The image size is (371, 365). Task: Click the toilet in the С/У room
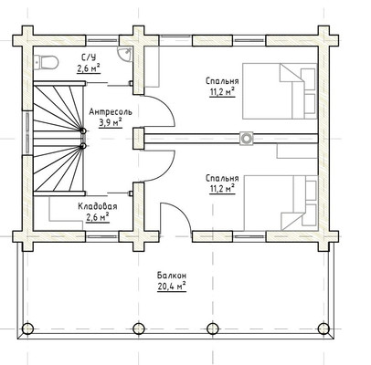click(46, 62)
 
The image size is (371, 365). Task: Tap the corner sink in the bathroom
click(125, 54)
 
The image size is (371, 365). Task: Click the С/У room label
click(89, 57)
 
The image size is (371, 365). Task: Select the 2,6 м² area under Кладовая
click(98, 217)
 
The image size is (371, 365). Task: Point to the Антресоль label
click(111, 112)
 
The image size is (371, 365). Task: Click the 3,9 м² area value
click(111, 122)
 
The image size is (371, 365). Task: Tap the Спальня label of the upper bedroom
click(222, 81)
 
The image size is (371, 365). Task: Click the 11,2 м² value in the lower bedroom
click(222, 189)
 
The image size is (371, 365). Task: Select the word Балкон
click(172, 276)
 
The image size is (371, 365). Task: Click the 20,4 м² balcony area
click(172, 287)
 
